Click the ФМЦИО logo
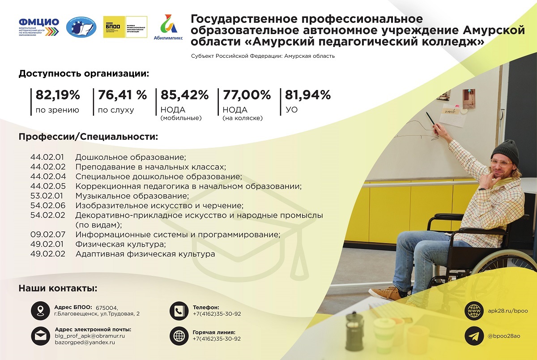39,27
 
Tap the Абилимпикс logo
168,27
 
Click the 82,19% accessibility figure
58,95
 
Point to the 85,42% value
184,95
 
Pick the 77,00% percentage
247,95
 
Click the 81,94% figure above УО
308,95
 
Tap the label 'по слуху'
116,110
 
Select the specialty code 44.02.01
47,157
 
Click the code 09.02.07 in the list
48,234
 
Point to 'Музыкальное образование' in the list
132,196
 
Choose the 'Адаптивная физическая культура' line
145,254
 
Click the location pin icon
40,311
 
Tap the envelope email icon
41,336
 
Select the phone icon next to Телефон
179,311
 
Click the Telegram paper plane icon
474,336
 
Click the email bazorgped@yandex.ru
85,343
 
